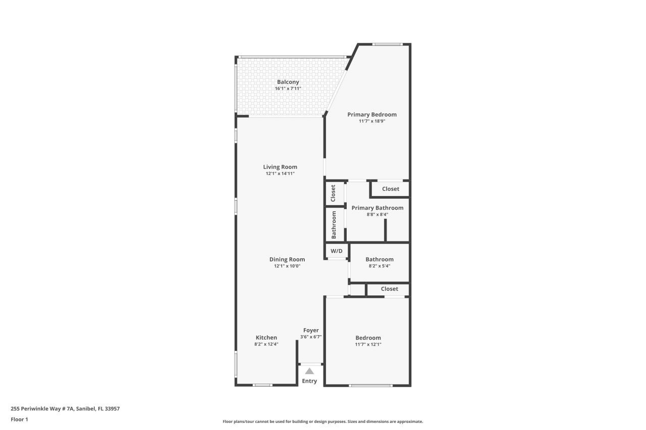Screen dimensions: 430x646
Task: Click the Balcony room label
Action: pos(288,82)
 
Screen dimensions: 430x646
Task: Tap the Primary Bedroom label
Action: pos(371,114)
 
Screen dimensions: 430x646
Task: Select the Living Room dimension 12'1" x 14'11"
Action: pos(280,173)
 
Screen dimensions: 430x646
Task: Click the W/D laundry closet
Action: pos(336,251)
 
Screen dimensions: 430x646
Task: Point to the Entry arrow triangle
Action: pos(309,371)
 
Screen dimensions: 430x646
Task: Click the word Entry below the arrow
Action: pos(309,381)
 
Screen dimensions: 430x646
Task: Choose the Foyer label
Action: pos(311,330)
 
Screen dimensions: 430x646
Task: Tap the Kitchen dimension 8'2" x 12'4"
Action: pos(266,344)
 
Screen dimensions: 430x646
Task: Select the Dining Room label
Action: pos(287,259)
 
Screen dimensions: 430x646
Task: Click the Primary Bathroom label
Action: pos(377,208)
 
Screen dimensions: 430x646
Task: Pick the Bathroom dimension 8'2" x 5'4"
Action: pos(379,266)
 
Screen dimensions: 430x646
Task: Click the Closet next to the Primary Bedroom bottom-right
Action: pos(390,189)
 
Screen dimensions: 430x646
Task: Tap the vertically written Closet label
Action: pos(333,193)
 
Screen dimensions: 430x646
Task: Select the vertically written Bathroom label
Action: pos(334,225)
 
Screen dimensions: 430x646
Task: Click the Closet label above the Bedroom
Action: pos(389,289)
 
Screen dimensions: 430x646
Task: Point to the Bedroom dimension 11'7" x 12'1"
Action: pos(368,344)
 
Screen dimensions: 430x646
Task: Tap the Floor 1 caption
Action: pos(19,419)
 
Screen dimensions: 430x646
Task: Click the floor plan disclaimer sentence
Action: pos(322,421)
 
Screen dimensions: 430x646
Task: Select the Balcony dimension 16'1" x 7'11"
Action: pos(288,89)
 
